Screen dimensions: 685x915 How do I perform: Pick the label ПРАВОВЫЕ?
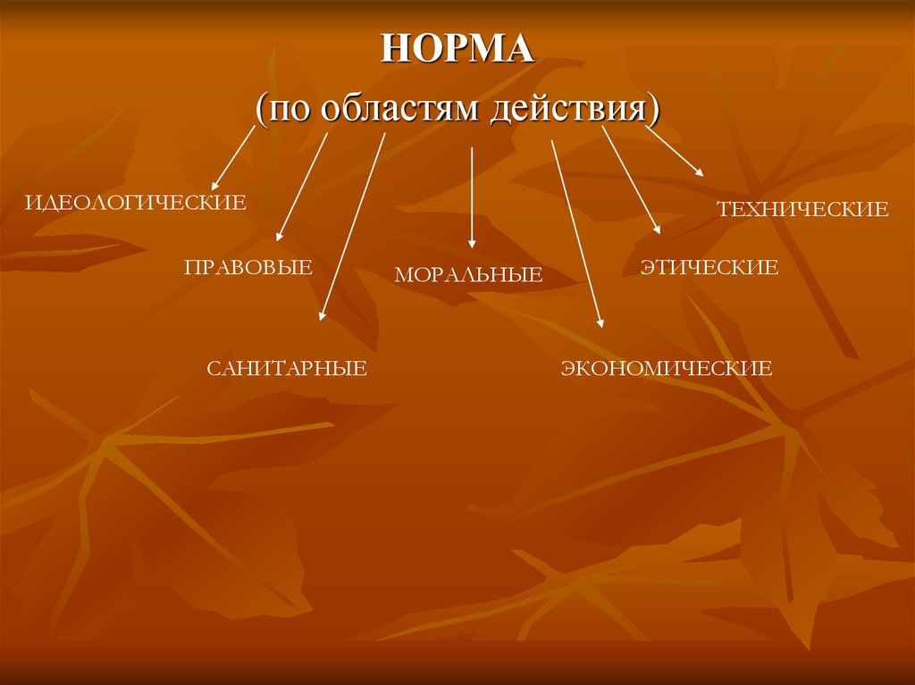point(248,266)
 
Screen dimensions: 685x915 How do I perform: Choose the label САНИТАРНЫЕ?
point(287,368)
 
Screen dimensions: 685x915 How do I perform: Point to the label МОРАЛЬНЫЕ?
point(468,275)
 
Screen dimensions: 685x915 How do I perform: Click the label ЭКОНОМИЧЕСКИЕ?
point(666,367)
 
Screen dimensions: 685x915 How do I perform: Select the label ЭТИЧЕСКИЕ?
point(709,267)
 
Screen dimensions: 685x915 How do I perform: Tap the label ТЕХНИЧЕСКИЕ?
point(802,210)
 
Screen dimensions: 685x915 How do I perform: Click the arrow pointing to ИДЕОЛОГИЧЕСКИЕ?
point(234,156)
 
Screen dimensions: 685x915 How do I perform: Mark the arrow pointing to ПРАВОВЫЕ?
point(302,187)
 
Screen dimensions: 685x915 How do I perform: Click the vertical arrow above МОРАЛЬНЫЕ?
point(472,196)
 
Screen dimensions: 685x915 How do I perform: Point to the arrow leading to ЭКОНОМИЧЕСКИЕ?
point(577,233)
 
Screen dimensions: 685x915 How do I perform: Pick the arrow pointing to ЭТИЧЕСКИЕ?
point(631,180)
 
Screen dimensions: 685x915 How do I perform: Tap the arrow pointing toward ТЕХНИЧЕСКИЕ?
point(675,151)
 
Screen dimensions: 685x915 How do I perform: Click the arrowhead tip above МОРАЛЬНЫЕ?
point(472,246)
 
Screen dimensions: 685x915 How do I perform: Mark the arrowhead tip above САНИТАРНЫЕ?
point(321,318)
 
